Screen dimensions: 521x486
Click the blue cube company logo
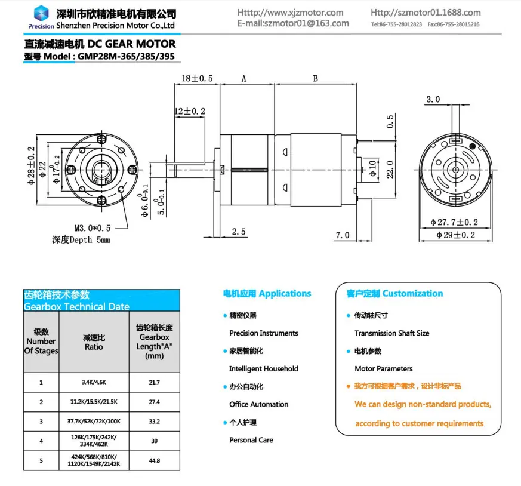point(41,13)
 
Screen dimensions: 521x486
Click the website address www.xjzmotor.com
point(303,13)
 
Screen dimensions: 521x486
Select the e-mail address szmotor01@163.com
point(307,24)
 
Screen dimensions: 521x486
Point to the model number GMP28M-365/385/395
point(126,56)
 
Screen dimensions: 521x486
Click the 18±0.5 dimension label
point(197,78)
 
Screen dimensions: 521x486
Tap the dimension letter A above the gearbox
point(244,79)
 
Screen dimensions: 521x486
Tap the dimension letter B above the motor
point(315,78)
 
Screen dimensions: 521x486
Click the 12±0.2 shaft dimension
point(190,111)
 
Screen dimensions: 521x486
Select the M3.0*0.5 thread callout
point(93,229)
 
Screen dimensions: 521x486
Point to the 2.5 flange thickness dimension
point(239,232)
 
